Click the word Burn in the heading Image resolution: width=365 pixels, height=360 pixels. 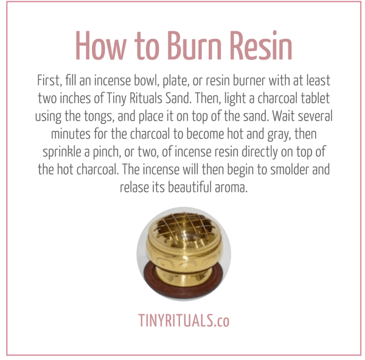(194, 46)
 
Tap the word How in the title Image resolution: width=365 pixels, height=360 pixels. (101, 46)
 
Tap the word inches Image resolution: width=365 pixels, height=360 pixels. (75, 99)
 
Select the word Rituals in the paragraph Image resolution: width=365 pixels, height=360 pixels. (146, 99)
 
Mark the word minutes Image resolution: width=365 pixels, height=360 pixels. (71, 134)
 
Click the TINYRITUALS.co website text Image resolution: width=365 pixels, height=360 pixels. (184, 320)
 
